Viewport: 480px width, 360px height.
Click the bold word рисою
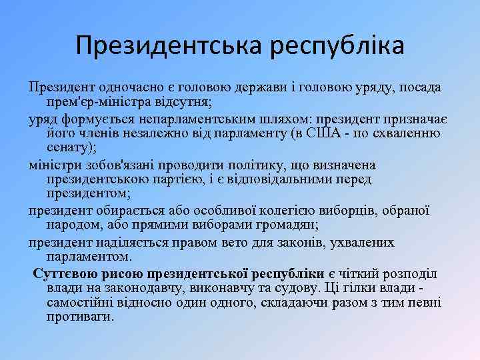(x=125, y=273)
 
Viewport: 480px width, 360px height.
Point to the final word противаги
(x=77, y=317)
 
